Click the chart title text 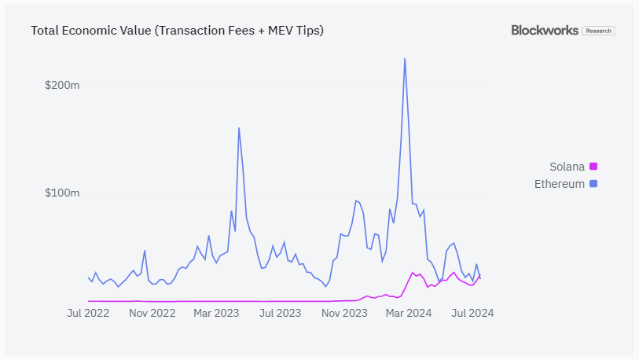click(177, 31)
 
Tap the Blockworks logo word click(545, 31)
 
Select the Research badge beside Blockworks click(598, 31)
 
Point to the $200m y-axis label click(62, 85)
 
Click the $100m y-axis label click(62, 193)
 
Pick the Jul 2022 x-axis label click(87, 313)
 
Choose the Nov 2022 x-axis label click(152, 313)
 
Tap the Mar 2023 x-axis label click(216, 313)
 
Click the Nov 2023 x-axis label click(344, 313)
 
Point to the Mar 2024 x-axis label click(409, 313)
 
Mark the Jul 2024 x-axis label click(472, 313)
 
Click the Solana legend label click(567, 167)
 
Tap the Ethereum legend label click(560, 184)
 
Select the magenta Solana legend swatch click(593, 167)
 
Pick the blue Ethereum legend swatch click(593, 184)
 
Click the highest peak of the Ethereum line click(405, 59)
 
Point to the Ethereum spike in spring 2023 click(239, 128)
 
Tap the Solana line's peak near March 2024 click(413, 273)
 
